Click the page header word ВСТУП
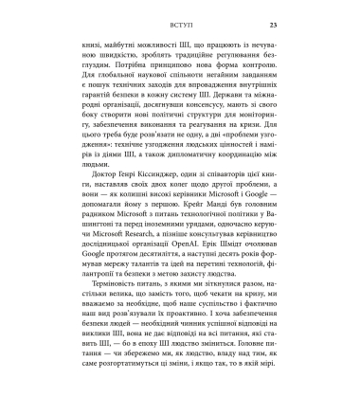pyautogui.click(x=179, y=25)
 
